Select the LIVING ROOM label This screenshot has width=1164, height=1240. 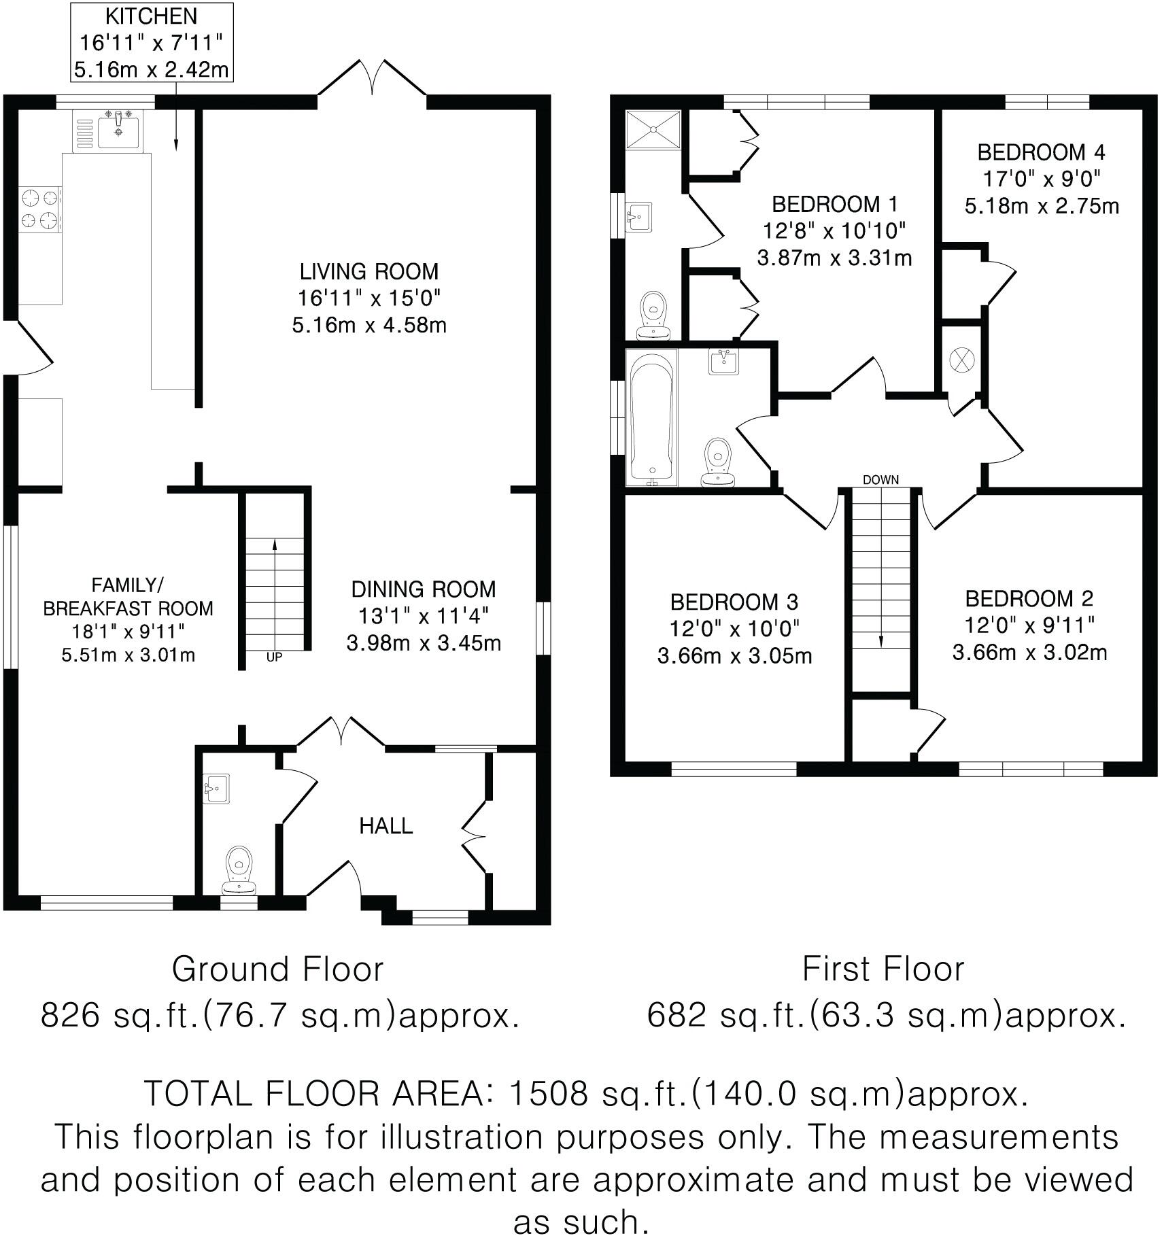[369, 271]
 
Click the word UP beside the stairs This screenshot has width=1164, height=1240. [274, 657]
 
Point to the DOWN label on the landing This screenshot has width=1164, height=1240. [880, 480]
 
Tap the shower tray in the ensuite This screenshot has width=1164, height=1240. [653, 129]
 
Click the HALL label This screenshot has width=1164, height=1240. [386, 826]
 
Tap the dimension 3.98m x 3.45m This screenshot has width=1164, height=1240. [424, 642]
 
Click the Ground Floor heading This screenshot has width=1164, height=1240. [277, 969]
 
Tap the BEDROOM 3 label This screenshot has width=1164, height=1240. [734, 602]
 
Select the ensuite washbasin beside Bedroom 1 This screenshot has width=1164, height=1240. [638, 217]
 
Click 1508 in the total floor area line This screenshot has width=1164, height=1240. [547, 1094]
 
